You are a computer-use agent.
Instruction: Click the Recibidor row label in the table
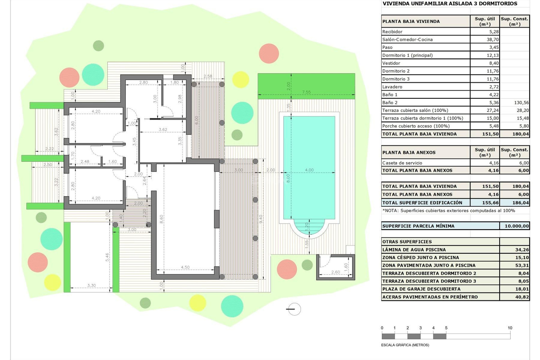click(392, 32)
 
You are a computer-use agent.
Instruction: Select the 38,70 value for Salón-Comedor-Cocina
click(492, 40)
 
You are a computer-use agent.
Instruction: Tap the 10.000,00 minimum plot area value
click(516, 226)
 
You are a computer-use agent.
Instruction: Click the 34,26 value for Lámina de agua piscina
click(522, 249)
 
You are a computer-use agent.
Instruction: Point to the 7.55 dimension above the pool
click(306, 92)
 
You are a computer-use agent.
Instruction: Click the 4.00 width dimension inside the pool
click(309, 170)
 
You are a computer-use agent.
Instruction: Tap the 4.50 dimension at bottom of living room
click(185, 267)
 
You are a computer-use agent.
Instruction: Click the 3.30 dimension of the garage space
click(91, 285)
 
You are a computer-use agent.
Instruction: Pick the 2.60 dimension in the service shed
click(335, 272)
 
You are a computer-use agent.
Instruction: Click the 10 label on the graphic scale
click(510, 328)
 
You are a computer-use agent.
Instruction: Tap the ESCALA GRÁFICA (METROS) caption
click(405, 345)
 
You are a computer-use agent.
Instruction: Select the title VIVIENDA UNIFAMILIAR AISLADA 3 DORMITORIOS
click(450, 4)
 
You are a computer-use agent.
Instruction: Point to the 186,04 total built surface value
click(520, 202)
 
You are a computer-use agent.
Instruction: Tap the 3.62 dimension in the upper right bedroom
click(163, 130)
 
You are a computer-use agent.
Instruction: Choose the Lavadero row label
click(392, 87)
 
